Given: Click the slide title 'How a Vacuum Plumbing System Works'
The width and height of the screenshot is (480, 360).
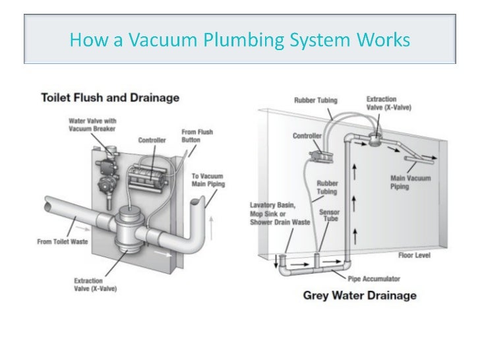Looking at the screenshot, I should (x=239, y=41).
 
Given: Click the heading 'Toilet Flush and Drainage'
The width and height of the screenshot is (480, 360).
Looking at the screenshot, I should (x=109, y=98).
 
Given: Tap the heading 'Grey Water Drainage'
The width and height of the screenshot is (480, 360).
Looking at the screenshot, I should (x=359, y=295).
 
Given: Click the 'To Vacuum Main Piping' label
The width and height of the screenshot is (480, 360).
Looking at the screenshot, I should (x=208, y=179).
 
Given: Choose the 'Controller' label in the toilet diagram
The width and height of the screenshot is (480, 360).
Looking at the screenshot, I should (x=152, y=140).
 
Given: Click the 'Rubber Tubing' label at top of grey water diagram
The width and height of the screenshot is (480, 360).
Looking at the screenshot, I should (x=316, y=100).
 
